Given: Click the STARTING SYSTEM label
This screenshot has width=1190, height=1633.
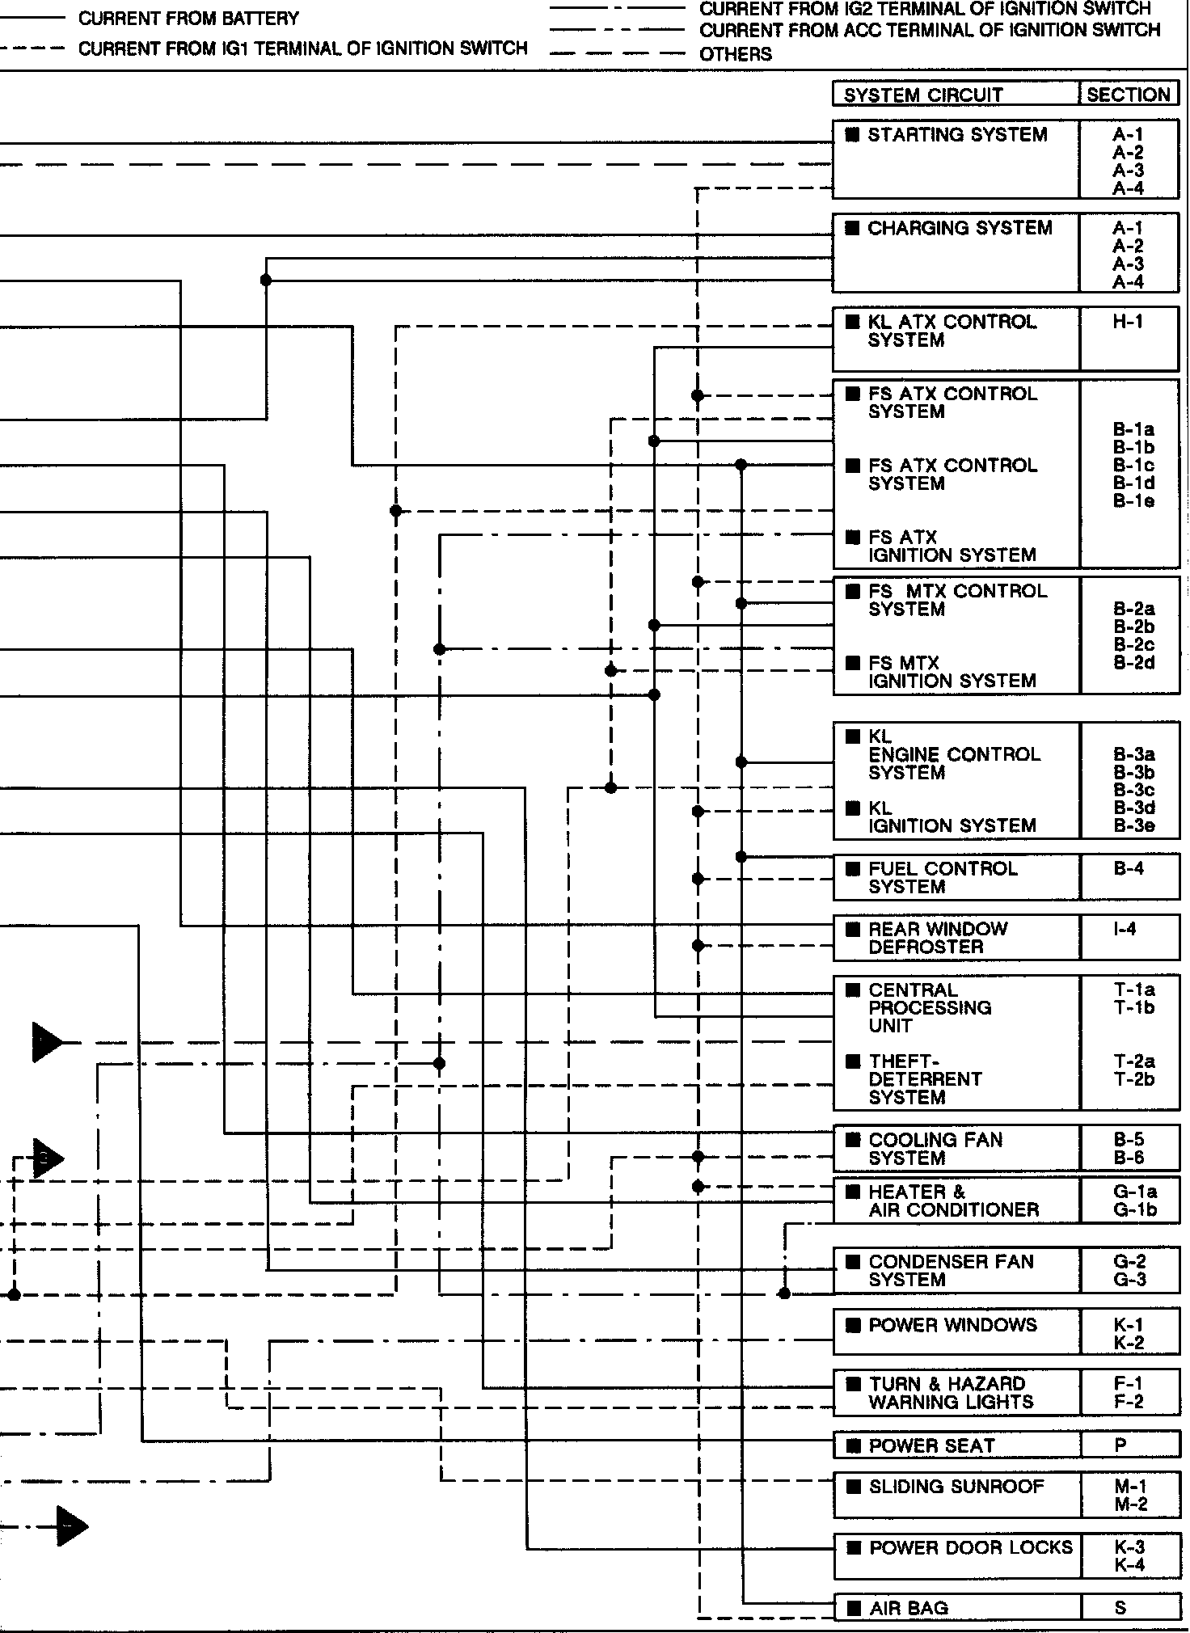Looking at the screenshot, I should point(957,135).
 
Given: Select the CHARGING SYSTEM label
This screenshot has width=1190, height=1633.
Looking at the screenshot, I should point(960,228).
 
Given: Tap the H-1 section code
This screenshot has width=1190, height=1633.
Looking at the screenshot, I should point(1128,322).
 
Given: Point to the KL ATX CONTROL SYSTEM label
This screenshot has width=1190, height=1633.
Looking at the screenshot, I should point(952,331).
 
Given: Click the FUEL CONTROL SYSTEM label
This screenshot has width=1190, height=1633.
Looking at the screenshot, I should point(943,877).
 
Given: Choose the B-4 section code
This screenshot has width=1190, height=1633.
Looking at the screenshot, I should point(1129,869).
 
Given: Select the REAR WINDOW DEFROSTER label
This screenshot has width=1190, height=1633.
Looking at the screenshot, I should point(938,938).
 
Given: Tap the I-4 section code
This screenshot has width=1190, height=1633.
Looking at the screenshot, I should point(1125,929).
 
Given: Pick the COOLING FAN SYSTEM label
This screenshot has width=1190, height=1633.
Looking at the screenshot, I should point(935,1149).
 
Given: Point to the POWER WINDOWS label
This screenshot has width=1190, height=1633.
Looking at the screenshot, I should point(952,1325).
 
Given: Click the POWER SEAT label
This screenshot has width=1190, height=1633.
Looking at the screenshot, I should point(931,1446).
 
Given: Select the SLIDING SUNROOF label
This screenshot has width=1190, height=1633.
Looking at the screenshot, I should point(956,1487).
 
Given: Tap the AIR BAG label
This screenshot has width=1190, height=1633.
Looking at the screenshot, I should point(909,1609).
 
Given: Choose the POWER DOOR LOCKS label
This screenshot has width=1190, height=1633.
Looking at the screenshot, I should point(970,1547).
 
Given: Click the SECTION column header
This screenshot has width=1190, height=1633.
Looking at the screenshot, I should point(1129,95).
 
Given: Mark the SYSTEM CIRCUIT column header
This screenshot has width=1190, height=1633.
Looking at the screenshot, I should point(923,95).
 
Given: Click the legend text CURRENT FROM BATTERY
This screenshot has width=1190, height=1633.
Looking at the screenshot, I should point(188,18).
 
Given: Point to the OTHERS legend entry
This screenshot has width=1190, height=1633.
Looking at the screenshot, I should point(736,54).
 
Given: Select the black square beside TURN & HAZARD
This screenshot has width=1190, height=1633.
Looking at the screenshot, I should point(853,1384).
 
